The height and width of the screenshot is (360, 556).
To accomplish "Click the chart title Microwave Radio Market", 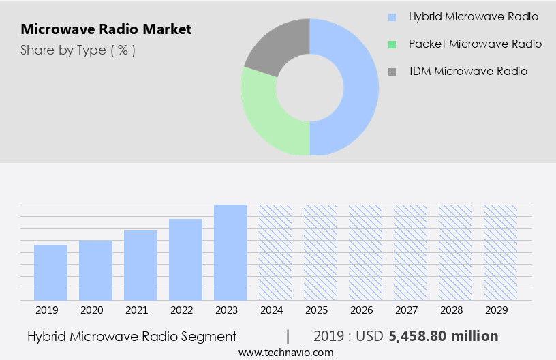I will pyautogui.click(x=106, y=29).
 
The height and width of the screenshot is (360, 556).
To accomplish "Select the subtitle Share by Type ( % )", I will pyautogui.click(x=78, y=50).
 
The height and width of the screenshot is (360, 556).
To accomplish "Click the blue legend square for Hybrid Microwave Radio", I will pyautogui.click(x=391, y=17).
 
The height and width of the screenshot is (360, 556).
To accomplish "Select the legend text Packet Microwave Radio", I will pyautogui.click(x=475, y=44).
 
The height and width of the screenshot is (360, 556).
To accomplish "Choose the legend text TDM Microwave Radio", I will pyautogui.click(x=467, y=71).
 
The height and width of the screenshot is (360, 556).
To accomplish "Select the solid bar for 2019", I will pyautogui.click(x=50, y=272).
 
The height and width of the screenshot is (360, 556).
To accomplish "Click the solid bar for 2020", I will pyautogui.click(x=95, y=270).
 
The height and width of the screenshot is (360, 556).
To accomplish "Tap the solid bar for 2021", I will pyautogui.click(x=140, y=265).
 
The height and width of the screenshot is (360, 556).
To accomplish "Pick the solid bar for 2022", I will pyautogui.click(x=185, y=259).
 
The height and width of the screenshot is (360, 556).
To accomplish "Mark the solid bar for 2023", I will pyautogui.click(x=230, y=252).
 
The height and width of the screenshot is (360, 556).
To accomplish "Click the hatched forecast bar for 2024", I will pyautogui.click(x=275, y=252).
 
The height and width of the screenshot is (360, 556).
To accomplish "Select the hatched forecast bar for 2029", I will pyautogui.click(x=501, y=252).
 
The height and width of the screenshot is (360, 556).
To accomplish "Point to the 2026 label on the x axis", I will pyautogui.click(x=361, y=310).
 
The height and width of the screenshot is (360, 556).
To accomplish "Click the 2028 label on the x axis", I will pyautogui.click(x=451, y=310).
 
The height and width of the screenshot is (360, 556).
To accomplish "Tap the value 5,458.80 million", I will pyautogui.click(x=443, y=336).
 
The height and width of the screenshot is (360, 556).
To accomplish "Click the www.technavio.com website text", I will pyautogui.click(x=285, y=352).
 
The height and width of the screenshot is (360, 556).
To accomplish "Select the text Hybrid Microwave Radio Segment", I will pyautogui.click(x=132, y=336).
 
